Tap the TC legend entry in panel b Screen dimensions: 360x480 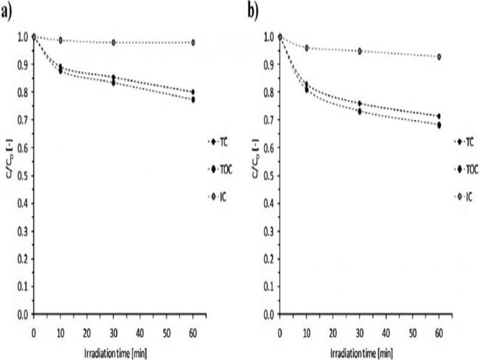[x=464, y=142]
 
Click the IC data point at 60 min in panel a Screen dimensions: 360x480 [x=193, y=43]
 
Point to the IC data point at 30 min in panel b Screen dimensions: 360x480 [x=359, y=51]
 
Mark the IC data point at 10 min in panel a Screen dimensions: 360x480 [x=60, y=40]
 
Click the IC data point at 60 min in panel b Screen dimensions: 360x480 [x=439, y=57]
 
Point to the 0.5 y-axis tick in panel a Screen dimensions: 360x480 [x=22, y=176]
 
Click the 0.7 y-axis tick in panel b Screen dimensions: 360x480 [x=268, y=120]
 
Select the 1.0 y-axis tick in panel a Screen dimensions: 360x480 [x=22, y=37]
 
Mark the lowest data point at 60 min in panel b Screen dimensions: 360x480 [x=439, y=125]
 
